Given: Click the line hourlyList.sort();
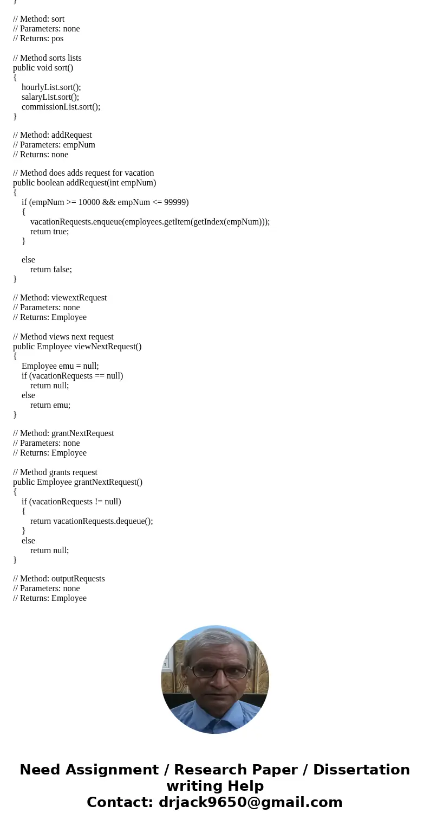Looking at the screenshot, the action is click(51, 87).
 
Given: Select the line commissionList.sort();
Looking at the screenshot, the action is click(61, 107).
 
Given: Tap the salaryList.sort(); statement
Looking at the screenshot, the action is click(50, 97).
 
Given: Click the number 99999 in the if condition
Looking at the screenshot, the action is click(175, 202).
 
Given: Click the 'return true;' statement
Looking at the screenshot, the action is click(49, 232).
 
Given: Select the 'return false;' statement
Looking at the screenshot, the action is click(51, 270).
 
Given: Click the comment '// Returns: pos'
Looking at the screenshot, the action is click(38, 39).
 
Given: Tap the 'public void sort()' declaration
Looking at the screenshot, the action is click(43, 68).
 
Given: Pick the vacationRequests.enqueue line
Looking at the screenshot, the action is click(149, 222).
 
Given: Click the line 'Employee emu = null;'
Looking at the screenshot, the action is click(60, 366).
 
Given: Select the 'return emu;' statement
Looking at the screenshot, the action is click(50, 405).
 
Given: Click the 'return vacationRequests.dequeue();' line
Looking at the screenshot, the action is click(92, 521).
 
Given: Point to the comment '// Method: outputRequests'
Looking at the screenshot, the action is click(59, 579).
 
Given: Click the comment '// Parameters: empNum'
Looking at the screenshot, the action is click(54, 145).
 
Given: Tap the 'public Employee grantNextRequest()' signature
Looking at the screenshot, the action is click(77, 482).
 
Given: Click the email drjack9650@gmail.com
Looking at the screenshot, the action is click(250, 802).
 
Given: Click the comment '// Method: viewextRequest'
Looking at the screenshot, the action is click(60, 298).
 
